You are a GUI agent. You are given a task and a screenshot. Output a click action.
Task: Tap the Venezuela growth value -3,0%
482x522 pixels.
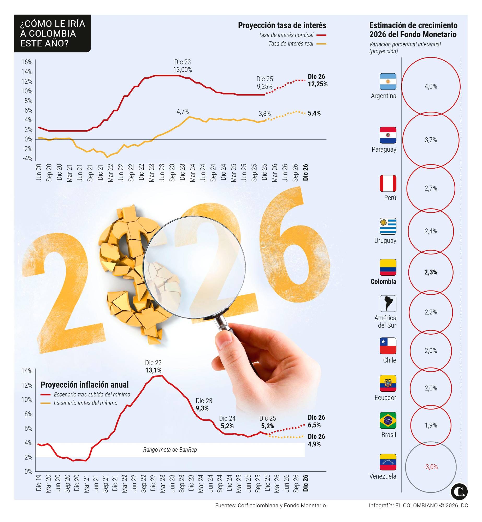click(430, 467)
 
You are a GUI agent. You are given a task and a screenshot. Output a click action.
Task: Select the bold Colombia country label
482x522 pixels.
click(383, 281)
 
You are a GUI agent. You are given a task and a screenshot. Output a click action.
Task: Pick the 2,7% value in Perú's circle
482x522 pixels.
click(430, 188)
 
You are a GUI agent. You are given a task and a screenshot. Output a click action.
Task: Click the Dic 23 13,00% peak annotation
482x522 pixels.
click(183, 66)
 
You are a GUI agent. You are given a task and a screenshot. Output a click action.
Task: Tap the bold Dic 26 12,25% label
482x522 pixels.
click(317, 80)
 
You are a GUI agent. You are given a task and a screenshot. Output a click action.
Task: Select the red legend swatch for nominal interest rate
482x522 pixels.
click(321, 35)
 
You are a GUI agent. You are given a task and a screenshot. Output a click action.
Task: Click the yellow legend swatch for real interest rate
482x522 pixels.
click(321, 44)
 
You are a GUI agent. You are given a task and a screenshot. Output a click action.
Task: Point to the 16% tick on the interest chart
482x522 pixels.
click(27, 62)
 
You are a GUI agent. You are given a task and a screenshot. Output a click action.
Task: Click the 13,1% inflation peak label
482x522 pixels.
click(153, 370)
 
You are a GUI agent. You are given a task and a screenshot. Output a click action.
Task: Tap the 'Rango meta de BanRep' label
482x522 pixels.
click(170, 449)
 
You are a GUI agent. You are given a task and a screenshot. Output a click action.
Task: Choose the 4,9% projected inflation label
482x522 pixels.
click(314, 444)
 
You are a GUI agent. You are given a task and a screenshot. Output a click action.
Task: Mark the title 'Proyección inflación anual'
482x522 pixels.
click(84, 384)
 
